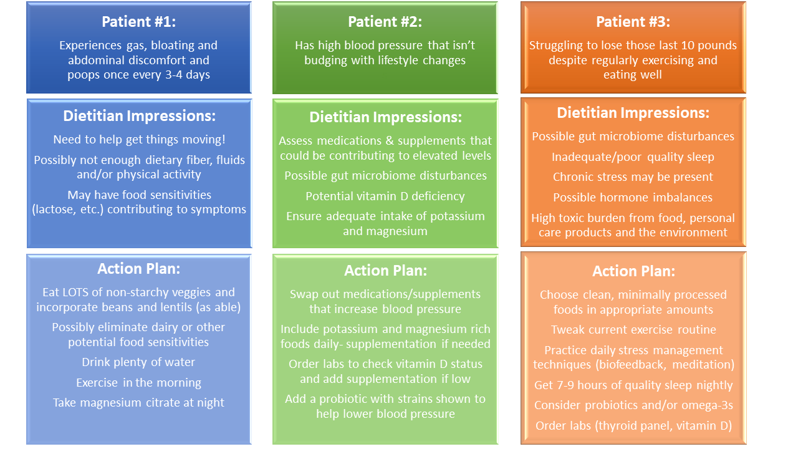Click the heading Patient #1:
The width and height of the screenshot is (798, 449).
click(138, 22)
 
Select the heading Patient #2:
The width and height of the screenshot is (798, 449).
click(385, 22)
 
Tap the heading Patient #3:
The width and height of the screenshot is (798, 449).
click(633, 22)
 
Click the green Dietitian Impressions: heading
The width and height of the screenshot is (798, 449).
click(385, 117)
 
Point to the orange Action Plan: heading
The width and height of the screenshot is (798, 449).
click(633, 271)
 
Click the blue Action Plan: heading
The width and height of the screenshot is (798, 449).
click(138, 269)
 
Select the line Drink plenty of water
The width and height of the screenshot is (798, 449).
click(138, 362)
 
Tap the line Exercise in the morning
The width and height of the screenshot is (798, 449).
click(138, 382)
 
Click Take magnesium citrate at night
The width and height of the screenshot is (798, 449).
click(138, 403)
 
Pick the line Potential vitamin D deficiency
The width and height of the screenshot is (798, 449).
click(385, 196)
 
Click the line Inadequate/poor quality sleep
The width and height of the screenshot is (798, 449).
click(633, 157)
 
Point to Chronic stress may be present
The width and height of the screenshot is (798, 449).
click(633, 176)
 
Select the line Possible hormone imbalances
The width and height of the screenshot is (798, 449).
click(633, 198)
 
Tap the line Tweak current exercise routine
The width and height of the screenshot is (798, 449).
click(633, 330)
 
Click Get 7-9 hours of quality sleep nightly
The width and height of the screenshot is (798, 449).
click(633, 385)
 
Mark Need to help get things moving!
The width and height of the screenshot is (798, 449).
click(139, 139)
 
